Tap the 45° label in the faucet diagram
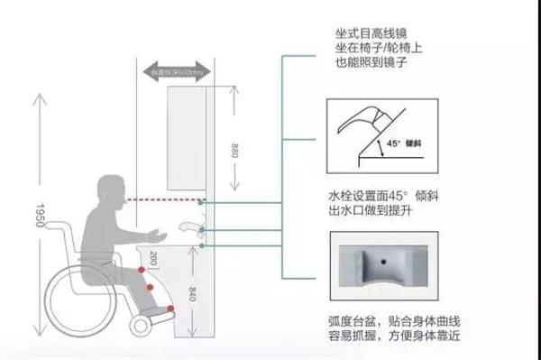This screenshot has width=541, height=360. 393,143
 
